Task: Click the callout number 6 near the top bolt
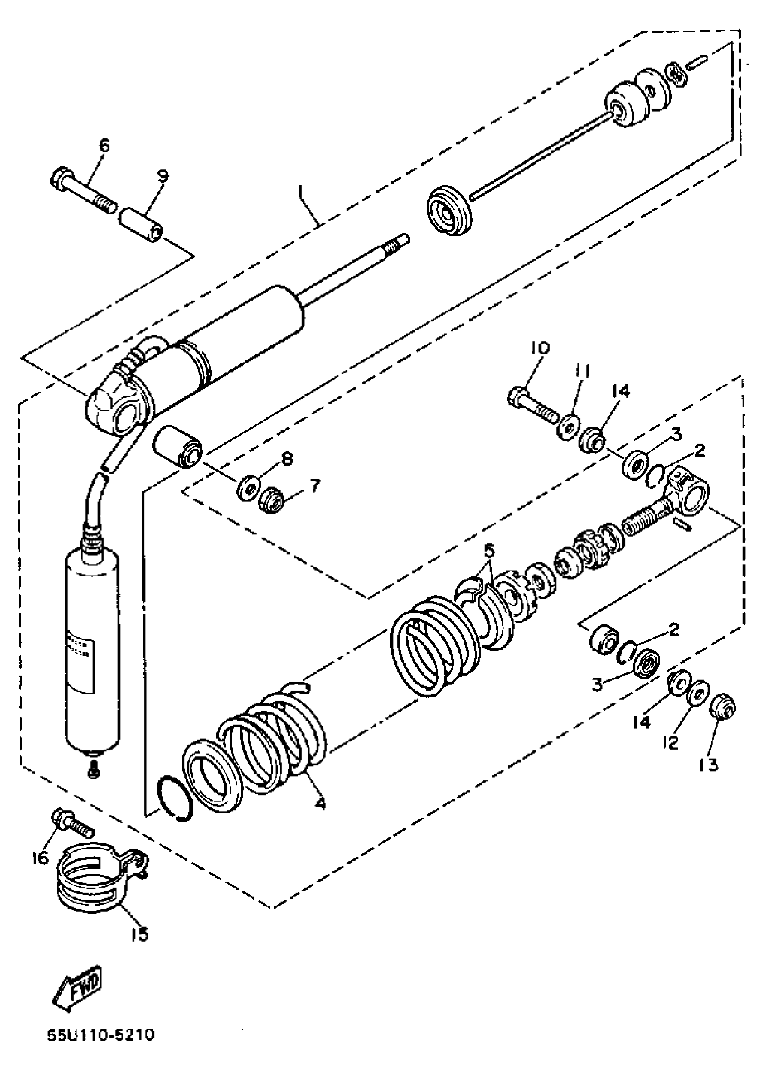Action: coord(104,146)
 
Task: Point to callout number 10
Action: coord(540,348)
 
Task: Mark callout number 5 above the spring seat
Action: coord(489,550)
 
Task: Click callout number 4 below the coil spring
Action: coord(321,804)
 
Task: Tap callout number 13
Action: coord(708,764)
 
